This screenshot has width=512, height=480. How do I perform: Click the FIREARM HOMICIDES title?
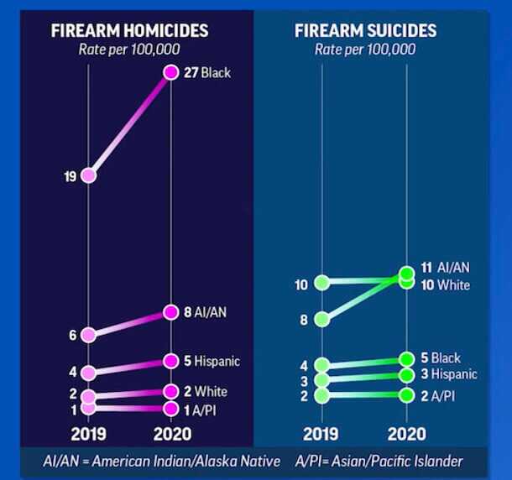click(x=129, y=31)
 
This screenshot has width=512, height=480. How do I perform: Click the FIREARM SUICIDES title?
click(x=365, y=31)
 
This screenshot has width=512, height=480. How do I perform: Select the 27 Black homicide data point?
click(x=171, y=73)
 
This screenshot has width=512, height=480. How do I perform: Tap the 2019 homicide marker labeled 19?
click(x=89, y=175)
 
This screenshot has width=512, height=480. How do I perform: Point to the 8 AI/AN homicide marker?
click(x=171, y=312)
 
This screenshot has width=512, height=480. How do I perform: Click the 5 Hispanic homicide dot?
click(x=171, y=362)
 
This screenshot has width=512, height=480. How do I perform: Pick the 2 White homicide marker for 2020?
click(x=171, y=391)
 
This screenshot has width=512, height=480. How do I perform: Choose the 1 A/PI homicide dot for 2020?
click(x=171, y=409)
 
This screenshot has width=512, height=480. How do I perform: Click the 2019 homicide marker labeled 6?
click(x=89, y=334)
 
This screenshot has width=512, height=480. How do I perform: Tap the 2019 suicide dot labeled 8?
click(x=322, y=319)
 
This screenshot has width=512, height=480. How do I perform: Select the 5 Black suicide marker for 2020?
click(x=406, y=359)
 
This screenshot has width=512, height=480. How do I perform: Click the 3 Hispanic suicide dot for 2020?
click(x=406, y=374)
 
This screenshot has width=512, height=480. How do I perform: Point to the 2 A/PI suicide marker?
click(x=406, y=395)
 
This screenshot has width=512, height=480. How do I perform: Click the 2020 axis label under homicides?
click(x=171, y=434)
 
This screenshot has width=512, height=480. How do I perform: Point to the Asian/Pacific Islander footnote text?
click(x=380, y=462)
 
